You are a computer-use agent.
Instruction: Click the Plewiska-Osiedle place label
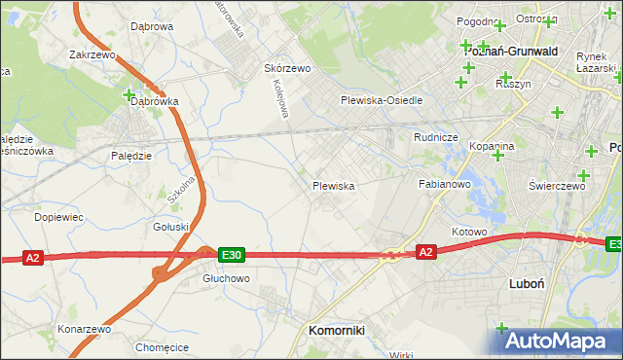[x=381, y=100]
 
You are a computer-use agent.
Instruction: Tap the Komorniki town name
[x=336, y=330]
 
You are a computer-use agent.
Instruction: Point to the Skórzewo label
[x=287, y=68]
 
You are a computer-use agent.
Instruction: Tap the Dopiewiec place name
[x=58, y=217]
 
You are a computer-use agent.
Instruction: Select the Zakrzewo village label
[x=92, y=55]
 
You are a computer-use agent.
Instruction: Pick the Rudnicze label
[x=435, y=137]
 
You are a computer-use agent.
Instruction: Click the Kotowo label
[x=468, y=232]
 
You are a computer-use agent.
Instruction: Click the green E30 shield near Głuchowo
[x=231, y=255]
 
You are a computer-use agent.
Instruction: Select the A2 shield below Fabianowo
[x=425, y=251]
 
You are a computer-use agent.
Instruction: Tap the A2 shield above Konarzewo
[x=33, y=258]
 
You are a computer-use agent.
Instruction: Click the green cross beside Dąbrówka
[x=129, y=94]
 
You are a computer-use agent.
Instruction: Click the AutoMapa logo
[x=556, y=340]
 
